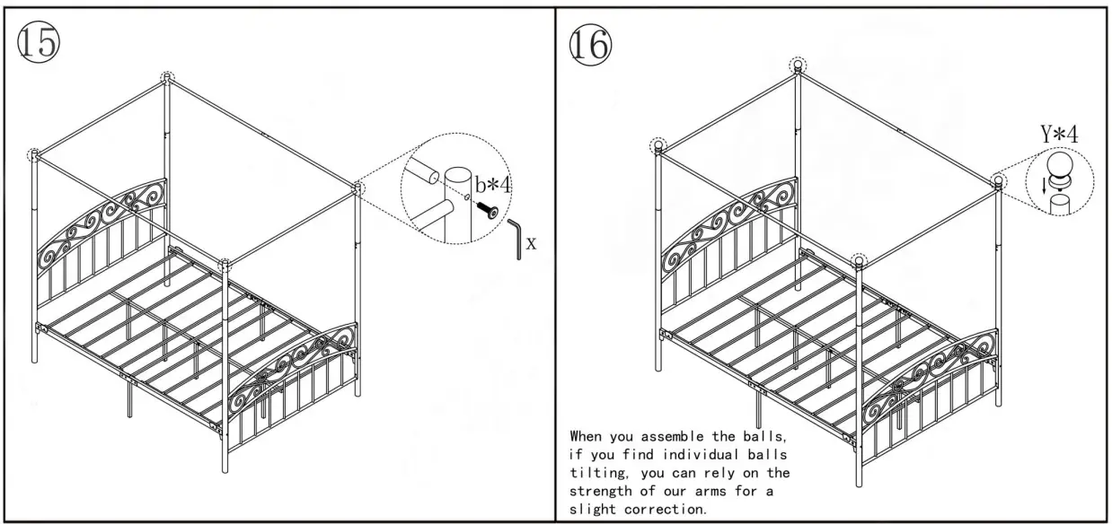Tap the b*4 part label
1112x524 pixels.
click(x=493, y=185)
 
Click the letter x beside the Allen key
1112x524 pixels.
click(x=532, y=243)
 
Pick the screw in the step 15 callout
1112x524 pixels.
click(x=487, y=208)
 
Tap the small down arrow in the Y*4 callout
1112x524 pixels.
click(x=1042, y=185)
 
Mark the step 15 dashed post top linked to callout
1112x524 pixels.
click(x=358, y=188)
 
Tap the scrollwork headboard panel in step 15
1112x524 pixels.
click(x=103, y=221)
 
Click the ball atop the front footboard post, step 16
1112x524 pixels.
click(x=859, y=260)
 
